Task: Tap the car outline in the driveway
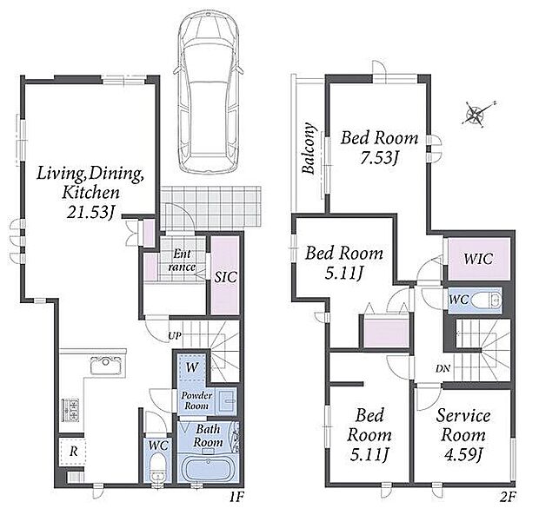tap(209, 93)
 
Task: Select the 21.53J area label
tap(90, 212)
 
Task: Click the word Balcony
tap(309, 148)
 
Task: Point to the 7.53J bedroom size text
tap(379, 157)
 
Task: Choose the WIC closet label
tap(478, 259)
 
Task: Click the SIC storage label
tap(225, 277)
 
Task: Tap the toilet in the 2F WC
tap(486, 300)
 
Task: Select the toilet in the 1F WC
tap(158, 467)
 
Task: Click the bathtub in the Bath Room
tap(207, 469)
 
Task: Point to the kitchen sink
tap(106, 366)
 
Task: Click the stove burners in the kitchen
tap(70, 410)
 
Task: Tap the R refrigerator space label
tap(74, 452)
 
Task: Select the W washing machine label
tap(192, 367)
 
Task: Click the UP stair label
tap(175, 335)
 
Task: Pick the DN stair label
tap(443, 369)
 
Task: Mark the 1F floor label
tap(236, 497)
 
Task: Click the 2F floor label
tap(508, 497)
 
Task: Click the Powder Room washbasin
tap(227, 400)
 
